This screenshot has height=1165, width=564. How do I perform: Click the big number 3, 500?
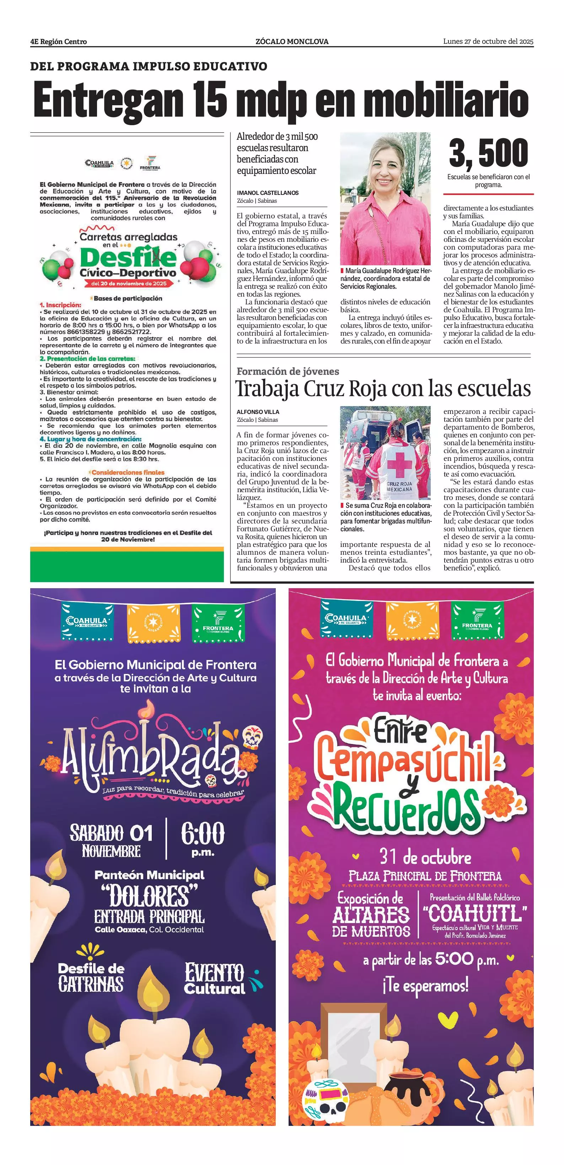tap(488, 153)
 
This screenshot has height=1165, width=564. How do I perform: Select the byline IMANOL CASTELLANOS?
tap(268, 193)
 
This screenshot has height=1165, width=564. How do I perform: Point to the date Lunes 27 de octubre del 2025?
tap(488, 42)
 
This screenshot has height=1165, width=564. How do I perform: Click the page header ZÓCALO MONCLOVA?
tap(292, 42)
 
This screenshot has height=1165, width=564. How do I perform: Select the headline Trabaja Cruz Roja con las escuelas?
tap(383, 389)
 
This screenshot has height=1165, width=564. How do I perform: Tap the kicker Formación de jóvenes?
tap(288, 371)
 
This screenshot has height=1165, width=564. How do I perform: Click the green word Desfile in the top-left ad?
tap(128, 258)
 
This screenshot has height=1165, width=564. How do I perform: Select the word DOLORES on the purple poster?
tap(149, 895)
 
